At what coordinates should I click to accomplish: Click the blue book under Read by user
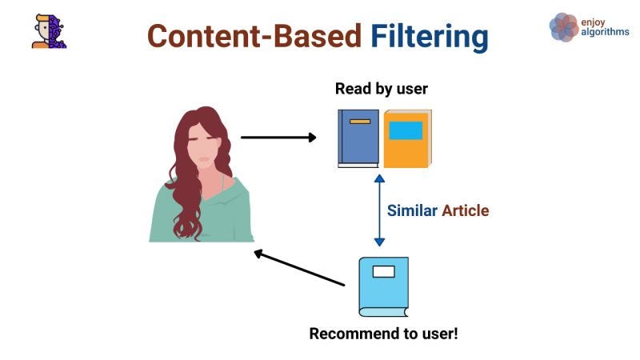tap(358, 138)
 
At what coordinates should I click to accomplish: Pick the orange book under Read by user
tap(407, 138)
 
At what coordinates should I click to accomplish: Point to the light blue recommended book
tap(383, 286)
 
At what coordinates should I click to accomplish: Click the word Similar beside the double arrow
tap(412, 211)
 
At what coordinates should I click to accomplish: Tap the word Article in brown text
tap(465, 211)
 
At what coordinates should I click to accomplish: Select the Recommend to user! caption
tap(384, 333)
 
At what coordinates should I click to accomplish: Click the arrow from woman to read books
tap(278, 138)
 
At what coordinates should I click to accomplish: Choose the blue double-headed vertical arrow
tap(379, 211)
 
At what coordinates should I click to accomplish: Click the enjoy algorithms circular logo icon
tap(564, 26)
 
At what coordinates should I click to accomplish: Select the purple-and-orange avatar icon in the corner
tap(49, 30)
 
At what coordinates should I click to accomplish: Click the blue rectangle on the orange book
tap(406, 130)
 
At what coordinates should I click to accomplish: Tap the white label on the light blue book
tap(384, 271)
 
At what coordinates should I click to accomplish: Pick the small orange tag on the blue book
tap(359, 122)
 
